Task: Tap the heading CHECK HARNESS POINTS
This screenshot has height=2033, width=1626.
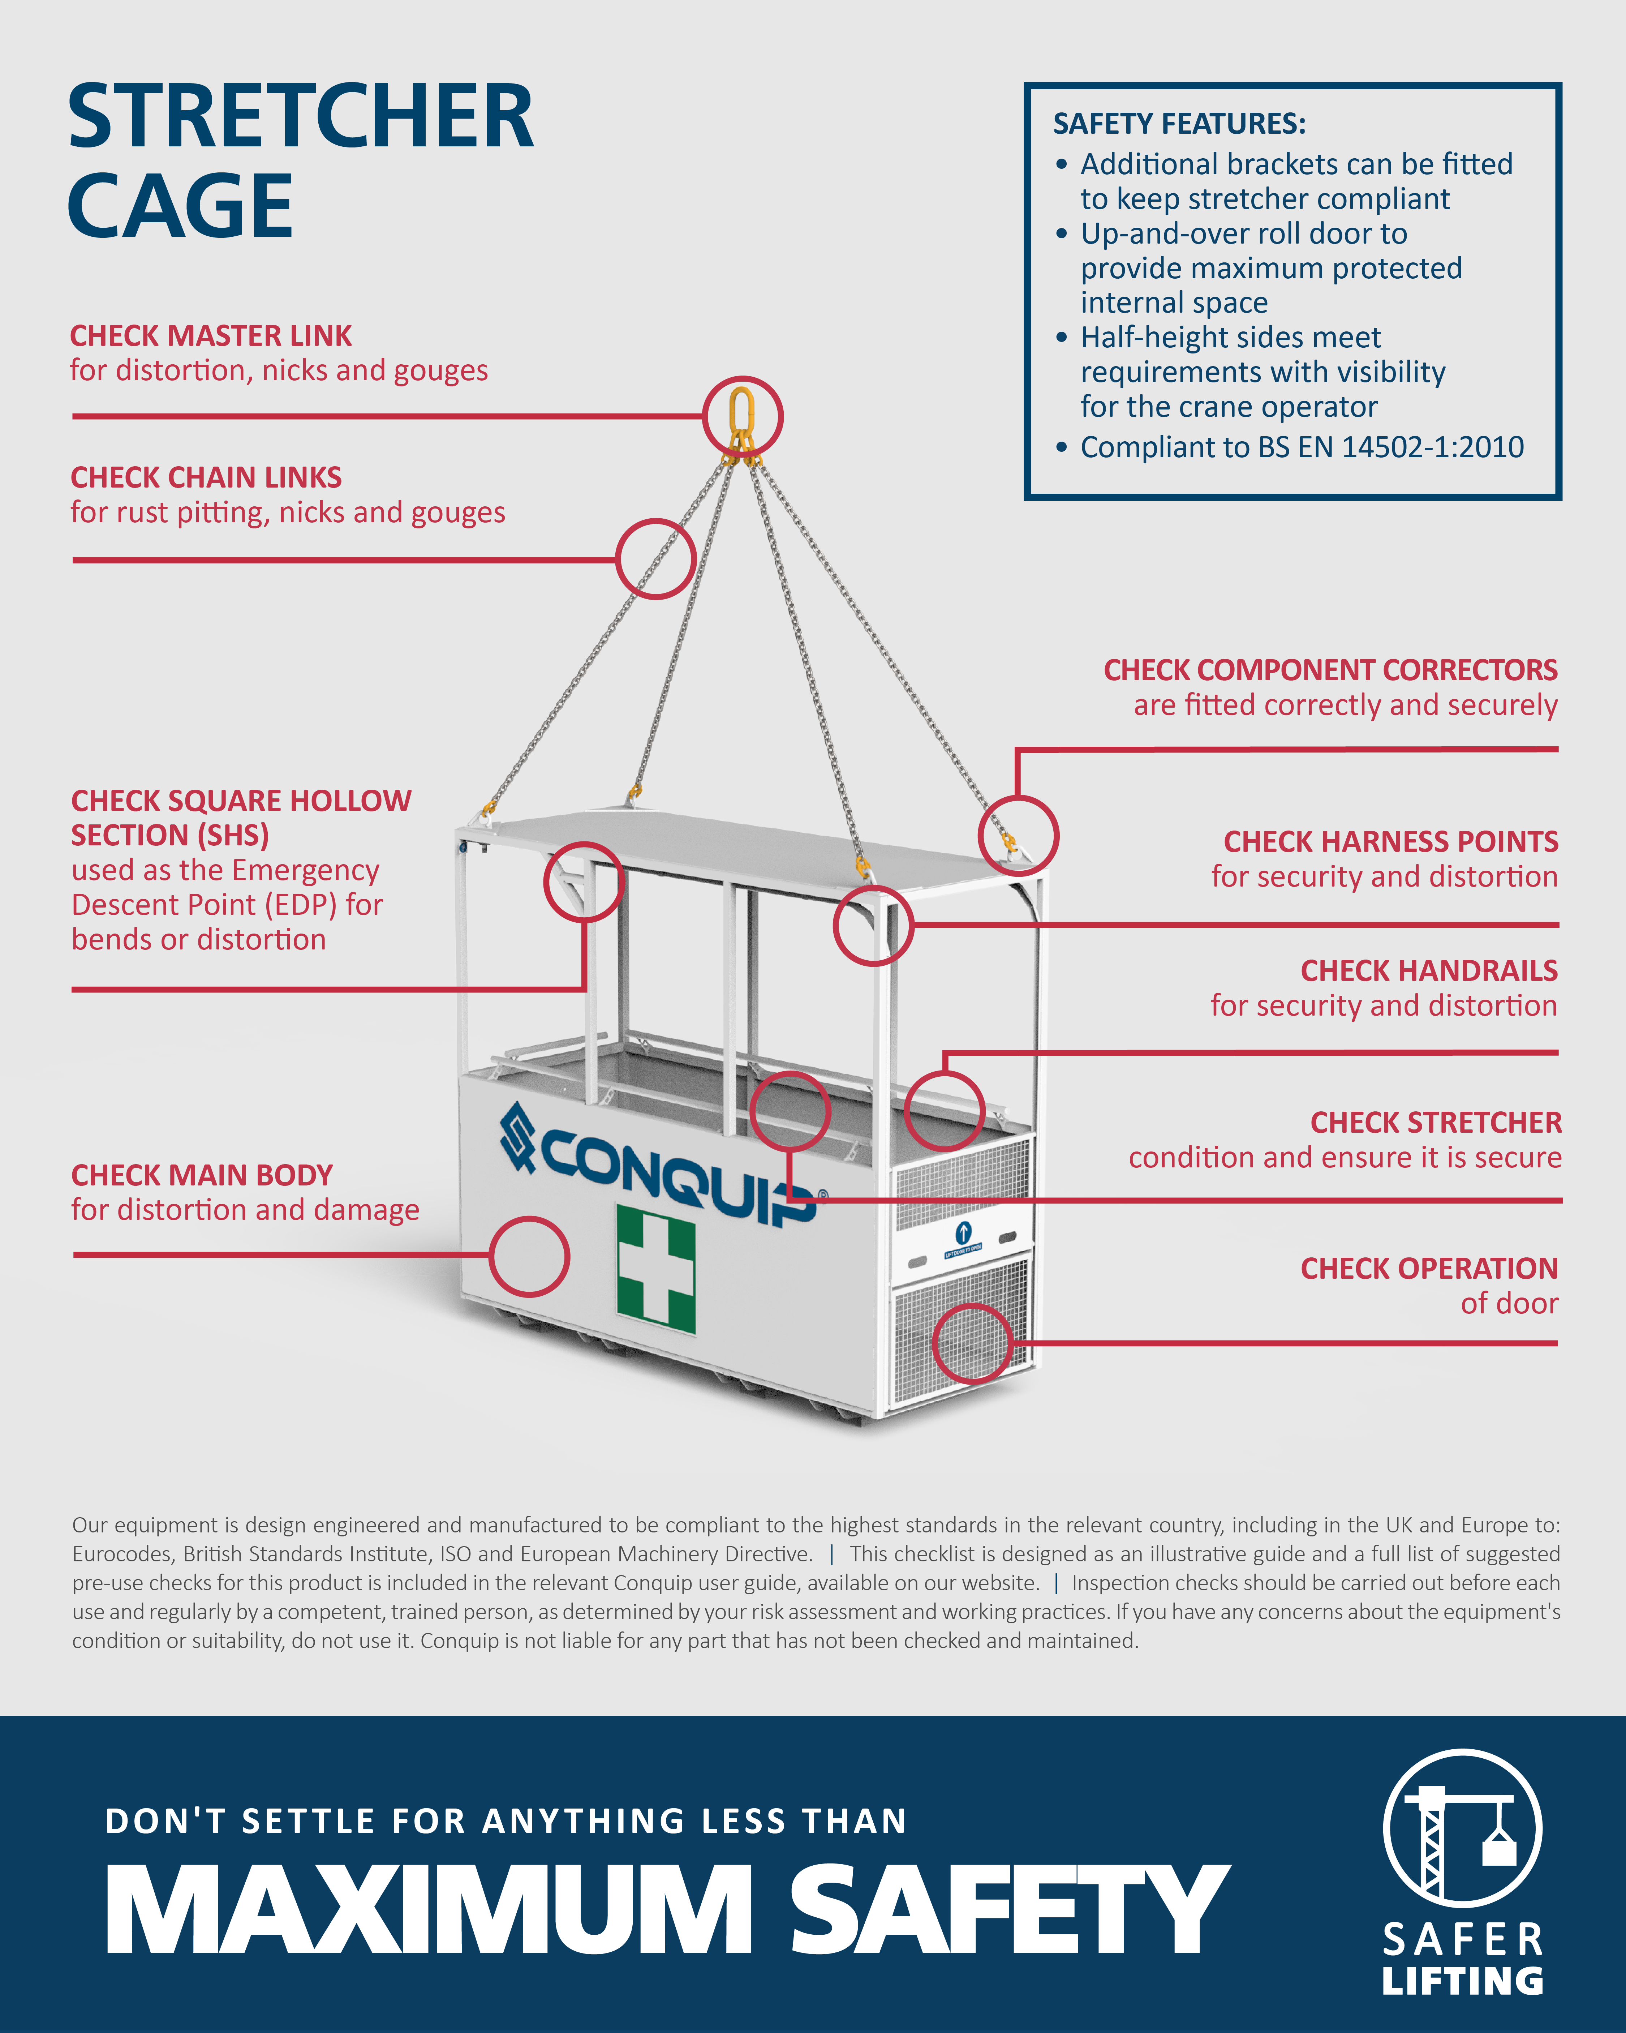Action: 1390,841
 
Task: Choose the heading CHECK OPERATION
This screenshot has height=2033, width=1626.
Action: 1429,1268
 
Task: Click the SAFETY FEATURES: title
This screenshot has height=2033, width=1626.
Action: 1179,124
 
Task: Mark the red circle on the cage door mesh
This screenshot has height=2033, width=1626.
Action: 972,1344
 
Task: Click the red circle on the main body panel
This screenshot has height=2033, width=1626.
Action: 530,1256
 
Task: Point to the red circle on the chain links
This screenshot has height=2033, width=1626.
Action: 656,558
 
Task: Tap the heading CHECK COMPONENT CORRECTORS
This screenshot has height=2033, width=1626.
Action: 1330,669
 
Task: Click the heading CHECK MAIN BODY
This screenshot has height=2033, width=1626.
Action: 202,1175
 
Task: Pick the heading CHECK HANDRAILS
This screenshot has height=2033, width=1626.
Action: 1429,970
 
